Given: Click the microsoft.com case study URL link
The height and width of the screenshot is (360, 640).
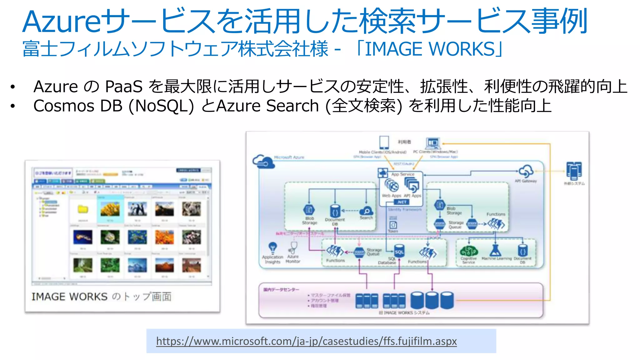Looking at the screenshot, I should click(x=306, y=341).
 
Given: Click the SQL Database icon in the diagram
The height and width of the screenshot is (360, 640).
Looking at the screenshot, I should click(x=399, y=252).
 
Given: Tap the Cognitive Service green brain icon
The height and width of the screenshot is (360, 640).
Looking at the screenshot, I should click(x=469, y=251).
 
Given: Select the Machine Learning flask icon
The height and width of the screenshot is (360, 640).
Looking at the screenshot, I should click(x=496, y=250).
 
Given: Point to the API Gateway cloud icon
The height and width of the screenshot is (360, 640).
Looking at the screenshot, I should click(x=526, y=171).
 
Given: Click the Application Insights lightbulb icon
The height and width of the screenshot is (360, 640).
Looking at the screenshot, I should click(x=273, y=247).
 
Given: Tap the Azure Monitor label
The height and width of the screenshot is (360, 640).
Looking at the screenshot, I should click(x=293, y=259).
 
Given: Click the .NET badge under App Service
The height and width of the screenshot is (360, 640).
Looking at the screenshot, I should click(x=402, y=202).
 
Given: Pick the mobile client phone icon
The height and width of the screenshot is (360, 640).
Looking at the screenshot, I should click(x=384, y=142).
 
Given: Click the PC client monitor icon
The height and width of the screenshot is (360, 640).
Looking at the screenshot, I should click(x=433, y=143).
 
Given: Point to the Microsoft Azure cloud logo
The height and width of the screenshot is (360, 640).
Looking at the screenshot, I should click(x=263, y=161).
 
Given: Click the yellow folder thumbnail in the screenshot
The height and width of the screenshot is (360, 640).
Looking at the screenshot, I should click(x=83, y=209).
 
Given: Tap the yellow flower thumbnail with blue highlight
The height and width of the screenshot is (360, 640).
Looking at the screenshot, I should click(x=110, y=209).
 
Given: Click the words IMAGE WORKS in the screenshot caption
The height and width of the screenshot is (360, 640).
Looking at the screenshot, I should click(x=69, y=297).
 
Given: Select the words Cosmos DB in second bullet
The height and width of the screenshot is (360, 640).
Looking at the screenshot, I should click(x=78, y=106).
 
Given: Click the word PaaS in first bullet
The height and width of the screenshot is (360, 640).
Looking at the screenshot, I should click(x=124, y=87).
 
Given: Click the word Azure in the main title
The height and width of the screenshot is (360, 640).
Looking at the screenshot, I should click(x=62, y=22).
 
